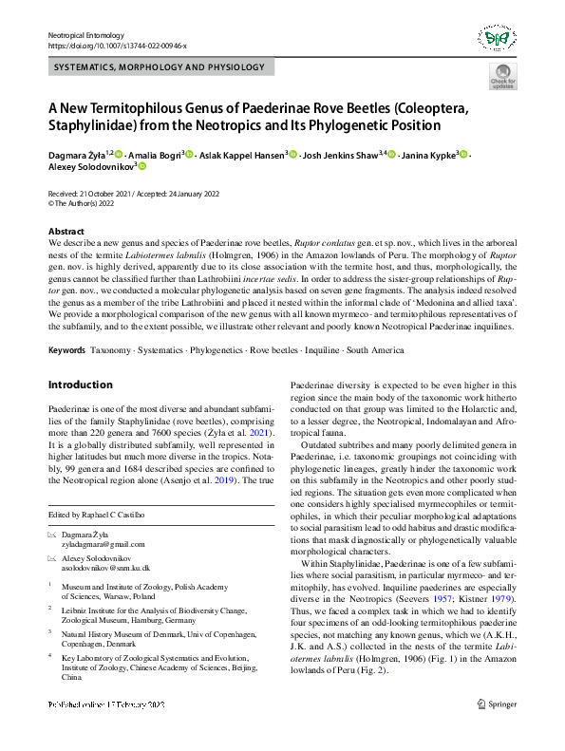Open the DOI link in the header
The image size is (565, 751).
(x=117, y=45)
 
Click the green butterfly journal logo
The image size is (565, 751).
(x=497, y=39)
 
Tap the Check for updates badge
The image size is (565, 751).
(x=502, y=79)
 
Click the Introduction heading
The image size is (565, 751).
(x=80, y=385)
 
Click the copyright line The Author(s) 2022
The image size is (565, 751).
(x=87, y=203)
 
